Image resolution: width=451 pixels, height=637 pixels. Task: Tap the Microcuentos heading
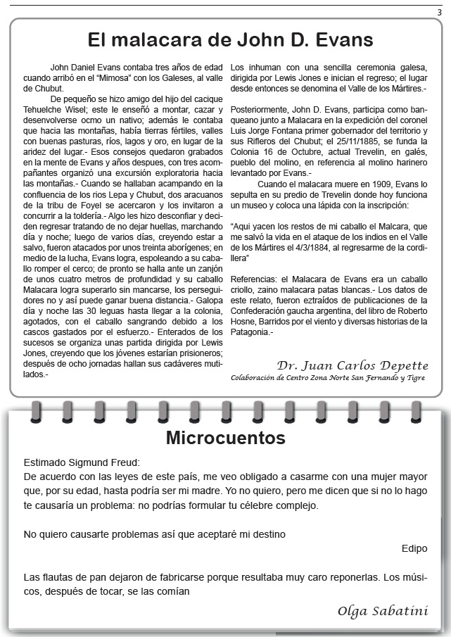pyautogui.click(x=225, y=438)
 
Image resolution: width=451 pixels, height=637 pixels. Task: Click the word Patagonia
pyautogui.click(x=252, y=332)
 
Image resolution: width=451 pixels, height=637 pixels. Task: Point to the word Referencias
pyautogui.click(x=254, y=279)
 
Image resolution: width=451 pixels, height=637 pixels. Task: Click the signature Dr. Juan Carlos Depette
pyautogui.click(x=352, y=365)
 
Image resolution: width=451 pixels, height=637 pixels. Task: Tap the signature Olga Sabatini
pyautogui.click(x=382, y=610)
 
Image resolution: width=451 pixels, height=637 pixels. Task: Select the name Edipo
pyautogui.click(x=414, y=548)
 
